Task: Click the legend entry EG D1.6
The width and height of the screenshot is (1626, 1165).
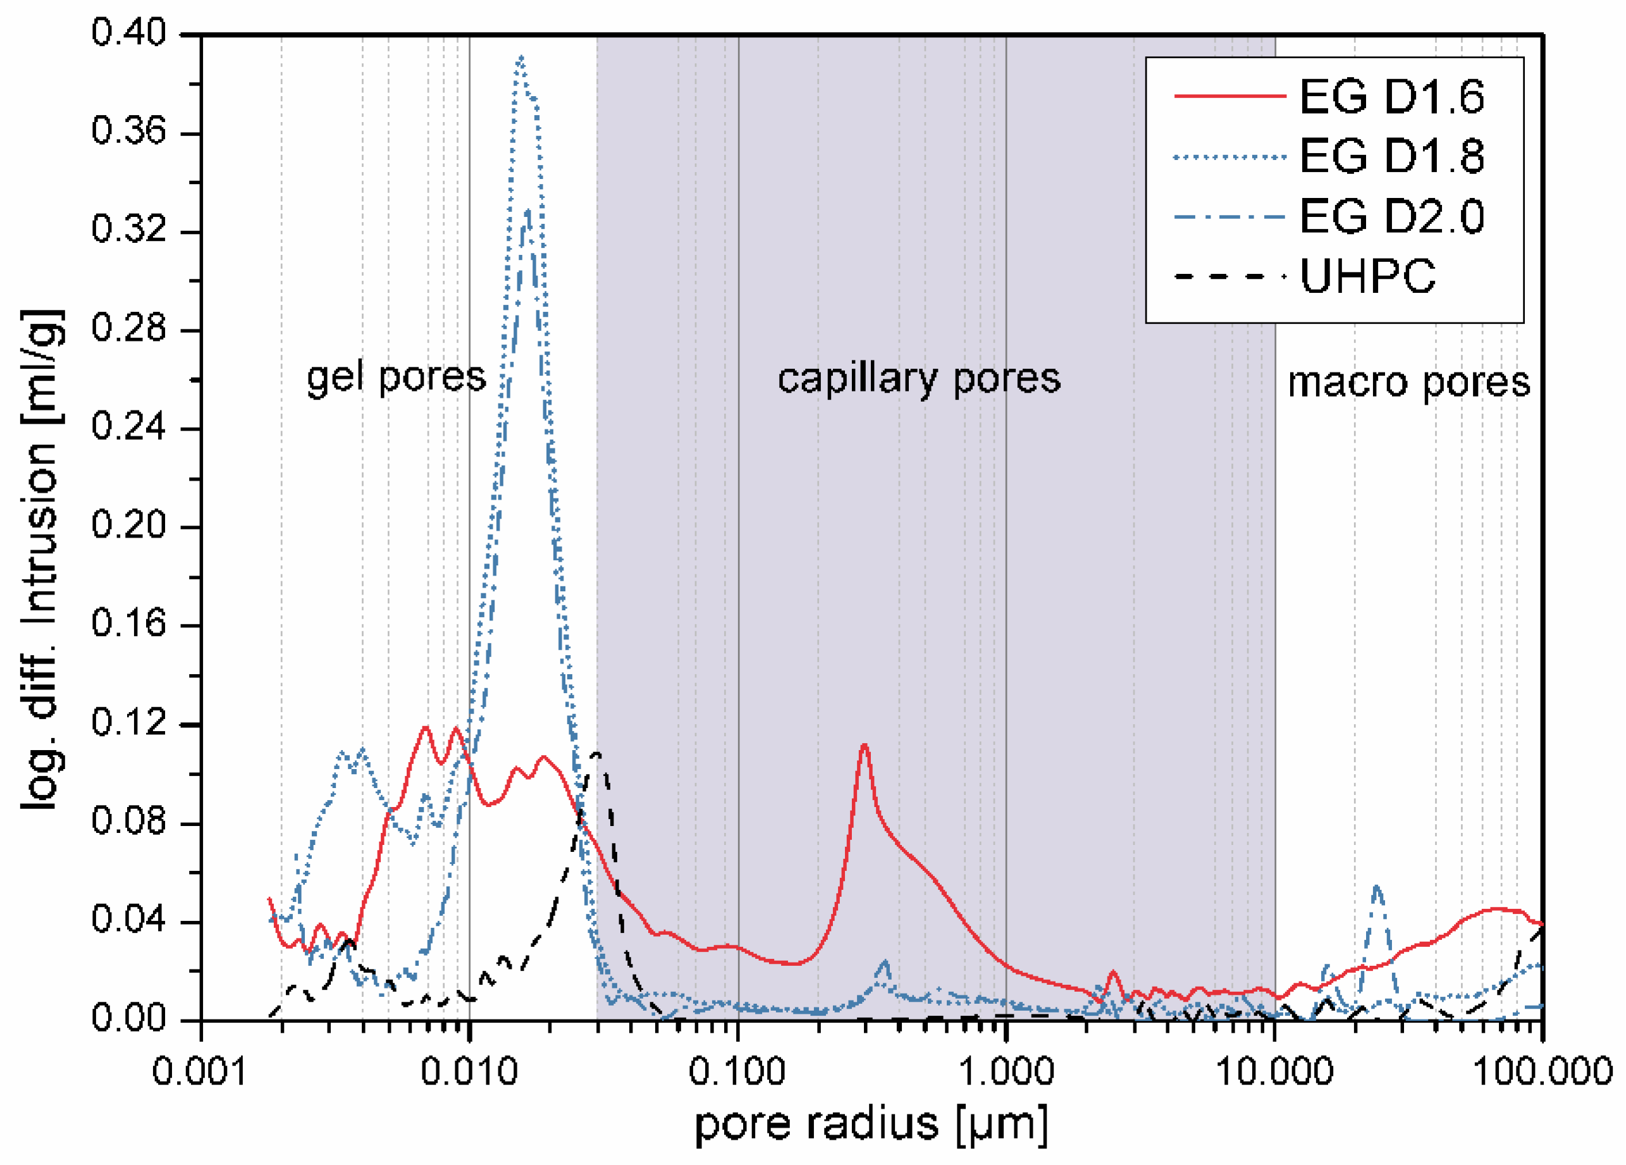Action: [1391, 96]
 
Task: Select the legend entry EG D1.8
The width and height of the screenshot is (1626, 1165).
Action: [1391, 156]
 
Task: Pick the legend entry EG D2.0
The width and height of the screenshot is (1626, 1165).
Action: [1391, 216]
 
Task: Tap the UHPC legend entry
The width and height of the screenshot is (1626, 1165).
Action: [1368, 275]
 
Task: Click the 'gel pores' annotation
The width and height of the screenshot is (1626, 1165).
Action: [396, 377]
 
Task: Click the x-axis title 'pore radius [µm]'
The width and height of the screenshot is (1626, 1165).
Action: [871, 1124]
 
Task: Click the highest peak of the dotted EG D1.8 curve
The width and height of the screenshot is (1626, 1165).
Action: [520, 58]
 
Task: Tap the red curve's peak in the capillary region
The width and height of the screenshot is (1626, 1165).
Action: [865, 746]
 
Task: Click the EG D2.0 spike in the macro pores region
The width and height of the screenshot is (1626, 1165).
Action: [1377, 887]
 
